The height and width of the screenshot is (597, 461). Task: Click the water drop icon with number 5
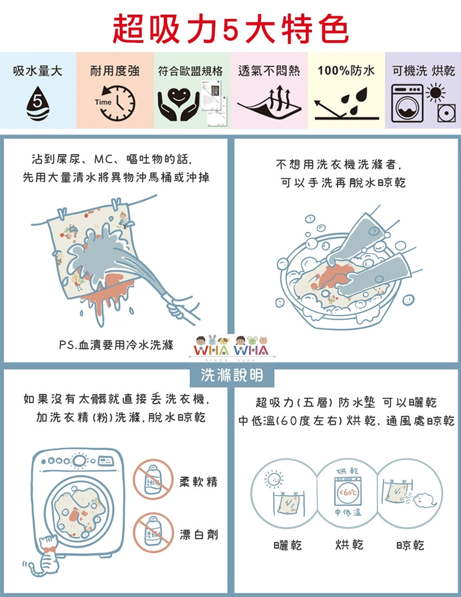(x=37, y=103)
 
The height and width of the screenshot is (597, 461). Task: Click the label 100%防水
(x=346, y=71)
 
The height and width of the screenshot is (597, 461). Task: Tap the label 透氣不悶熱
(x=269, y=71)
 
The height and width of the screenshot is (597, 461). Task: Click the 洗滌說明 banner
(x=232, y=376)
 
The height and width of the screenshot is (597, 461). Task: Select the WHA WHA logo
(x=231, y=347)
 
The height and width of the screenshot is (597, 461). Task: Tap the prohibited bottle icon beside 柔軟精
(x=153, y=479)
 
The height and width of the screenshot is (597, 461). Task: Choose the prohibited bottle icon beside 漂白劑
(x=153, y=532)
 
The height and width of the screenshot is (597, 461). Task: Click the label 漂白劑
(x=199, y=535)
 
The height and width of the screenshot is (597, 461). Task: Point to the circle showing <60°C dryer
(x=347, y=493)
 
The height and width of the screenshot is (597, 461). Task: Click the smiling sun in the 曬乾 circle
(x=273, y=479)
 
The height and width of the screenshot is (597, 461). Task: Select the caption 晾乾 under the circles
(x=410, y=545)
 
